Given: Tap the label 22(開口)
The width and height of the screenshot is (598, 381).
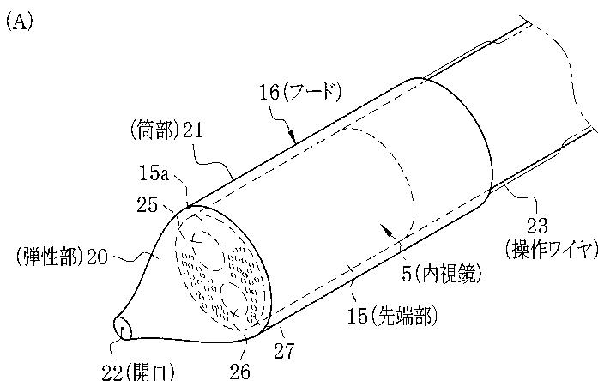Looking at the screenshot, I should [137, 371].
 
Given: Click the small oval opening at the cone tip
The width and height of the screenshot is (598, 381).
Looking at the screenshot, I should [123, 328].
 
